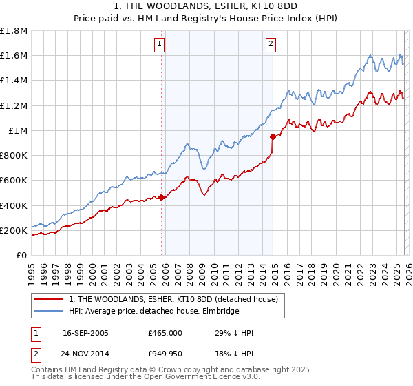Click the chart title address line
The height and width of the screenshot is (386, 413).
tap(206, 6)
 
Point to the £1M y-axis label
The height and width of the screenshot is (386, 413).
tap(18, 131)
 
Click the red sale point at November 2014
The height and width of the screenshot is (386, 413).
tap(273, 136)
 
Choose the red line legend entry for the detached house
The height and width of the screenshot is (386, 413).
tap(173, 299)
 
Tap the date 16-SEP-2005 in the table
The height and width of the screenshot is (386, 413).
tap(85, 333)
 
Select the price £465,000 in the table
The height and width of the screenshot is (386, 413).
tap(165, 333)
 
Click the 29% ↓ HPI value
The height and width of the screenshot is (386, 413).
tap(234, 333)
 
